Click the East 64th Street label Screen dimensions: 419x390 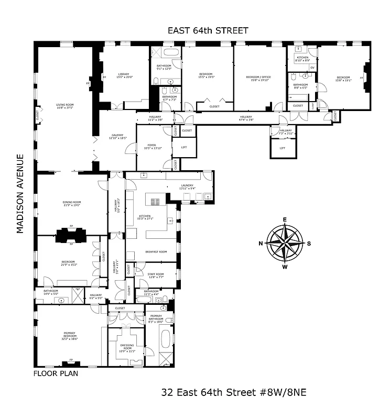tap(208, 30)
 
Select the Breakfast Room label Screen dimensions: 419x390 tap(156, 252)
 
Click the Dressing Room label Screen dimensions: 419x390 tap(127, 347)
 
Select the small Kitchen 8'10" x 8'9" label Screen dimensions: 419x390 tap(302, 59)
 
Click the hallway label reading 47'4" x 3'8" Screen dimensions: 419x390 tap(246, 118)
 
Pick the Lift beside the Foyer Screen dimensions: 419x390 tap(184, 147)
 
